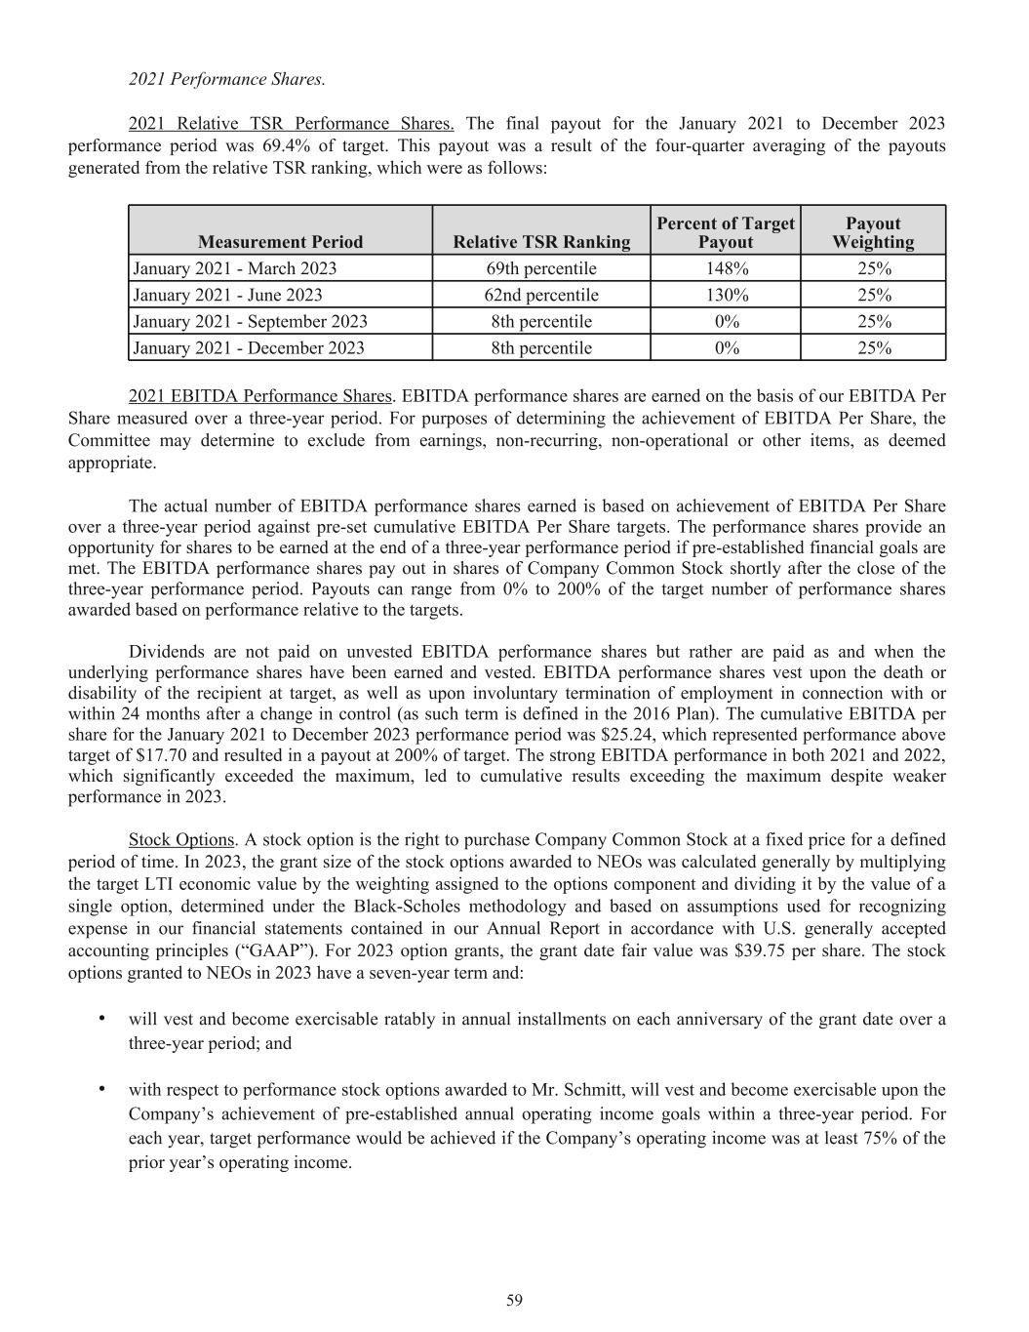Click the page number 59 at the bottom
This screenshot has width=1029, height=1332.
click(x=514, y=1300)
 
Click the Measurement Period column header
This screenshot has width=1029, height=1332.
click(x=280, y=242)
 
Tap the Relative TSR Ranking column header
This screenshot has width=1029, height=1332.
click(x=541, y=242)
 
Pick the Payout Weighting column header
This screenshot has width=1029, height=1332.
click(x=873, y=232)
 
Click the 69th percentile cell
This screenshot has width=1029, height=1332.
click(x=541, y=268)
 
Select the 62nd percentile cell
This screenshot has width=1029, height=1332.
click(x=541, y=295)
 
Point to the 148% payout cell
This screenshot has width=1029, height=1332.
click(x=726, y=268)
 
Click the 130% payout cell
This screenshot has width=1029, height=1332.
click(x=726, y=295)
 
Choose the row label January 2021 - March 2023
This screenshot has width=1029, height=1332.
click(x=235, y=268)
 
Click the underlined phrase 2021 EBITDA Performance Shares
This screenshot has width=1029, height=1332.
click(x=259, y=396)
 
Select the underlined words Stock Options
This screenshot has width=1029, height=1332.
click(x=181, y=839)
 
